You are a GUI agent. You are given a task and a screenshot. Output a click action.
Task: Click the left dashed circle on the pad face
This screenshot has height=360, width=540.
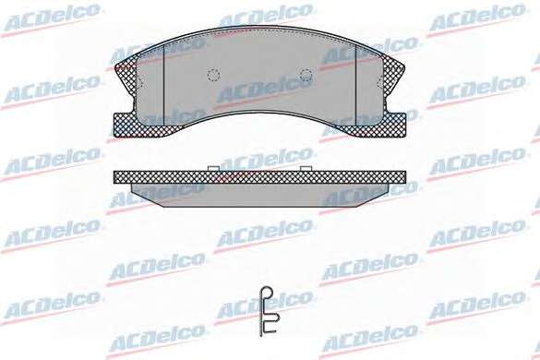[213, 74]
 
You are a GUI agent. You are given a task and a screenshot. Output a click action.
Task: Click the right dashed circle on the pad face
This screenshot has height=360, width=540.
[306, 74]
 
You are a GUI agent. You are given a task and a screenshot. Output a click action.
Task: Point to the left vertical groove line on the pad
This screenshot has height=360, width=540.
[163, 84]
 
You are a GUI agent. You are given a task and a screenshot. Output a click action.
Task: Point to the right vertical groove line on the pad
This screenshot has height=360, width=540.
[355, 84]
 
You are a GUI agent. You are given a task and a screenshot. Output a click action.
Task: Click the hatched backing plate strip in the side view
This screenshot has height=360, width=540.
[259, 176]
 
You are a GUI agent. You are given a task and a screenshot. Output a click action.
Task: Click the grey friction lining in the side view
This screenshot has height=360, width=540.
[259, 195]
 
